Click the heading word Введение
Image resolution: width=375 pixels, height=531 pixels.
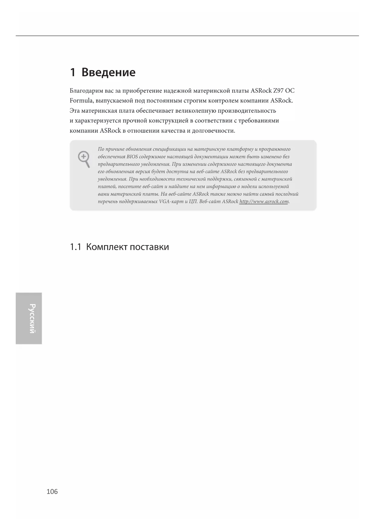click(108, 72)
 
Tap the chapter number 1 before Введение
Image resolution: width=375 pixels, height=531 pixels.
click(73, 72)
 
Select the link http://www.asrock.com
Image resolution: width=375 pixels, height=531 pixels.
click(264, 202)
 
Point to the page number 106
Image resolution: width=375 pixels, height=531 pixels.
click(52, 491)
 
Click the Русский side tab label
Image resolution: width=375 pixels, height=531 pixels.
click(32, 318)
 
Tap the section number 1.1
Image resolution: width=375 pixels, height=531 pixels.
click(76, 247)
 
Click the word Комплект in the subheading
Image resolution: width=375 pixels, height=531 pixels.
click(107, 247)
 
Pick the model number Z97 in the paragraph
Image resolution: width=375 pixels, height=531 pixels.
click(278, 91)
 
